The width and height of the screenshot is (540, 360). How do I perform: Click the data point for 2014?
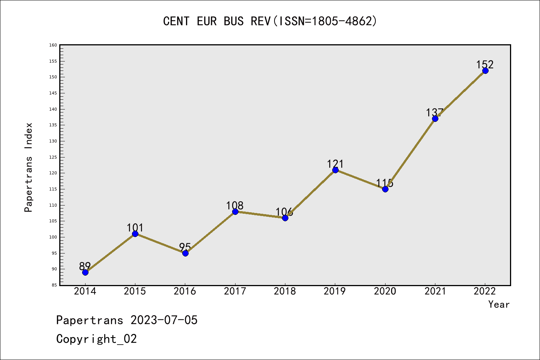[85, 272]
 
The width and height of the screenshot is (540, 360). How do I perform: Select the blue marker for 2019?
[335, 170]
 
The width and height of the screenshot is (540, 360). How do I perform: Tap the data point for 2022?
[485, 70]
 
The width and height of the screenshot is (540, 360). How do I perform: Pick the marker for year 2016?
[185, 253]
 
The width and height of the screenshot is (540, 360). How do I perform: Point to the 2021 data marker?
[435, 118]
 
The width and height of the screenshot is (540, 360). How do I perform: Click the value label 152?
[485, 64]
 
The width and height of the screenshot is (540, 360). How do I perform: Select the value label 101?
[135, 228]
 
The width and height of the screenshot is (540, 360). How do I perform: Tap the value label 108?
[235, 205]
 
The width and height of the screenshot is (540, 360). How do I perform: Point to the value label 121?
[335, 164]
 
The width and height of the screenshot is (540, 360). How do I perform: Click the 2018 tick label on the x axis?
[285, 291]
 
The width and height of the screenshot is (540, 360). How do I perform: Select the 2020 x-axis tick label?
[385, 291]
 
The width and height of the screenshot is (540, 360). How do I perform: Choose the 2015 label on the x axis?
[135, 291]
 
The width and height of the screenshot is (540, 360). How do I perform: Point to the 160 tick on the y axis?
[53, 45]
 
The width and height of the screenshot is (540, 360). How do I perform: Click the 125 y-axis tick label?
[53, 157]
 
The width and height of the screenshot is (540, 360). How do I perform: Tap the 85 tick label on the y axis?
[54, 285]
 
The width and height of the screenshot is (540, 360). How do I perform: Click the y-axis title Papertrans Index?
[28, 167]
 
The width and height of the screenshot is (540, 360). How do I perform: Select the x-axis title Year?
[499, 304]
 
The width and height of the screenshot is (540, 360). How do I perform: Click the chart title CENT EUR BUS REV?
[270, 21]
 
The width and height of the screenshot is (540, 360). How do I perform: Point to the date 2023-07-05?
[164, 320]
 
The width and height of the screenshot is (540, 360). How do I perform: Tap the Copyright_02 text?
[96, 339]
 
